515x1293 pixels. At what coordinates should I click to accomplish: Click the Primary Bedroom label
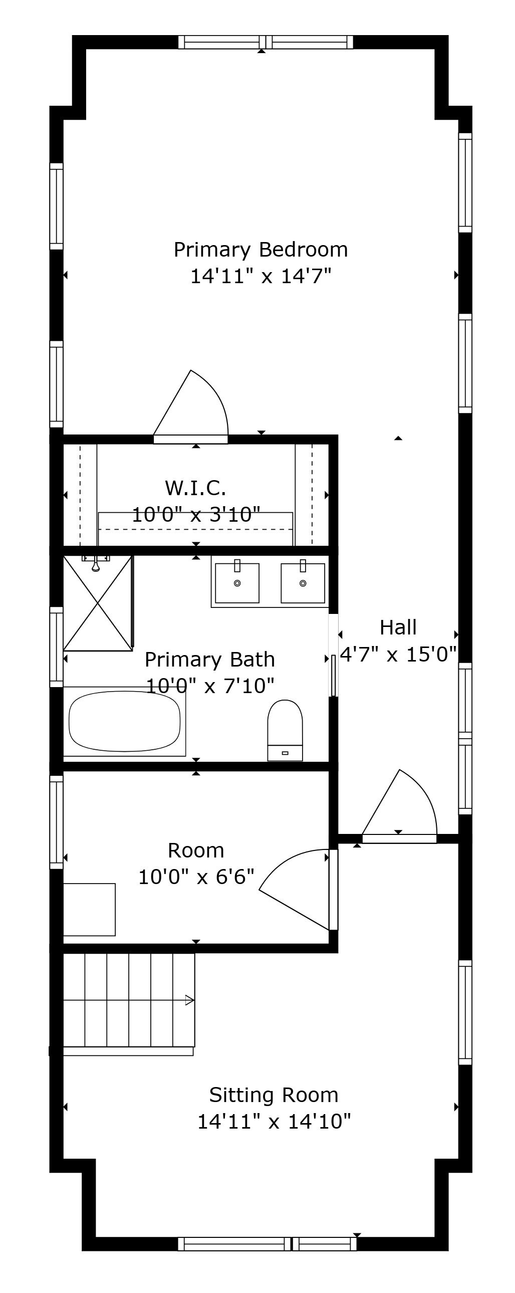[261, 250]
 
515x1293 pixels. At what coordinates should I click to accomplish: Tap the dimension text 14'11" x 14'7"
[261, 276]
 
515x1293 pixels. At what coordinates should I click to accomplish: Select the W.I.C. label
[195, 487]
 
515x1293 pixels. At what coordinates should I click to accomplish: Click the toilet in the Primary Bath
[285, 730]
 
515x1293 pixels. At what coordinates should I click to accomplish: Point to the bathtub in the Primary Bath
[124, 721]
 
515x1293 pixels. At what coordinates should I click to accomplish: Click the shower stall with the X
[97, 603]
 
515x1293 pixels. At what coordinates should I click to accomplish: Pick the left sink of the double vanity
[237, 583]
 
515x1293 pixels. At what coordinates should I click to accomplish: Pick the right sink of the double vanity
[303, 583]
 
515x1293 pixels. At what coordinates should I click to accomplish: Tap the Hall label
[398, 627]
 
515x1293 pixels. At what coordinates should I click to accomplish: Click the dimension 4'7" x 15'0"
[399, 654]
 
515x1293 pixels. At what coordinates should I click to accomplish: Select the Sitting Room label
[274, 1095]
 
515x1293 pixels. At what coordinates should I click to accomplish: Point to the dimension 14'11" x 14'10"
[274, 1121]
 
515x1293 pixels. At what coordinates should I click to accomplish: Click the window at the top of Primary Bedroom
[266, 42]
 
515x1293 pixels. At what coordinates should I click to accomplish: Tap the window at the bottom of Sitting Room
[267, 1244]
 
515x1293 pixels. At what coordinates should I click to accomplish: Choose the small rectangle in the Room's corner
[89, 910]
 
